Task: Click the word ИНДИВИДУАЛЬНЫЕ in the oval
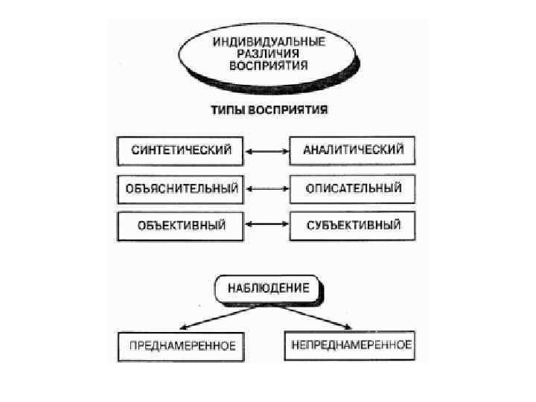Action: (269, 42)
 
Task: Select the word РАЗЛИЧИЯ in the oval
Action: (269, 54)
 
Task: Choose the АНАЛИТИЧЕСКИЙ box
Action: (353, 150)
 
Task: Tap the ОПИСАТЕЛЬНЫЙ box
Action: (353, 188)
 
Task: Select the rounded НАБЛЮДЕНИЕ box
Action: (268, 288)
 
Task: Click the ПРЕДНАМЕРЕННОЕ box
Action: (182, 345)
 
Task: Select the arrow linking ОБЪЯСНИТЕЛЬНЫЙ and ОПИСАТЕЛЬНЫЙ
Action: (267, 188)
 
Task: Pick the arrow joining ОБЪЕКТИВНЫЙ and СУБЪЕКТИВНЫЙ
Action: (267, 224)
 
